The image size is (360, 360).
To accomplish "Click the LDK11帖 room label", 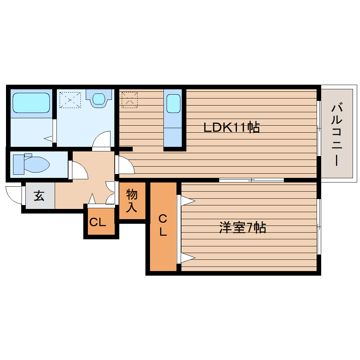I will pos(232,127).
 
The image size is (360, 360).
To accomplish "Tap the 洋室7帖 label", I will pos(242,228).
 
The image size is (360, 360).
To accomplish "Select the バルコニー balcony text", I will pos(337,134).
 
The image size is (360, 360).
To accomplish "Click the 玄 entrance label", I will pos(39,196).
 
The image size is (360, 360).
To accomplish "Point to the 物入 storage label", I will pos(132,200).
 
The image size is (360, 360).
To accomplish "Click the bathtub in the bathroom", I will pos(31,103).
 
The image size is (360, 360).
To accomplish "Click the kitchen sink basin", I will pos(173,104).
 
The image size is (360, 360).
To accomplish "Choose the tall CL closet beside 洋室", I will pos(163,226).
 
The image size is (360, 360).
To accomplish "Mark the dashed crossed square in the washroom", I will pos(70,100).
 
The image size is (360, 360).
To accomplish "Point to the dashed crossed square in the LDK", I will pos(129,99).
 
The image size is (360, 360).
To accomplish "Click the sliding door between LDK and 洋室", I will pos(251,180).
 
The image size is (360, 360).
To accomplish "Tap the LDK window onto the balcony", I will pos(319,128).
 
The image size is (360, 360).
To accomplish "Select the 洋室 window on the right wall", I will pos(319,226).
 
